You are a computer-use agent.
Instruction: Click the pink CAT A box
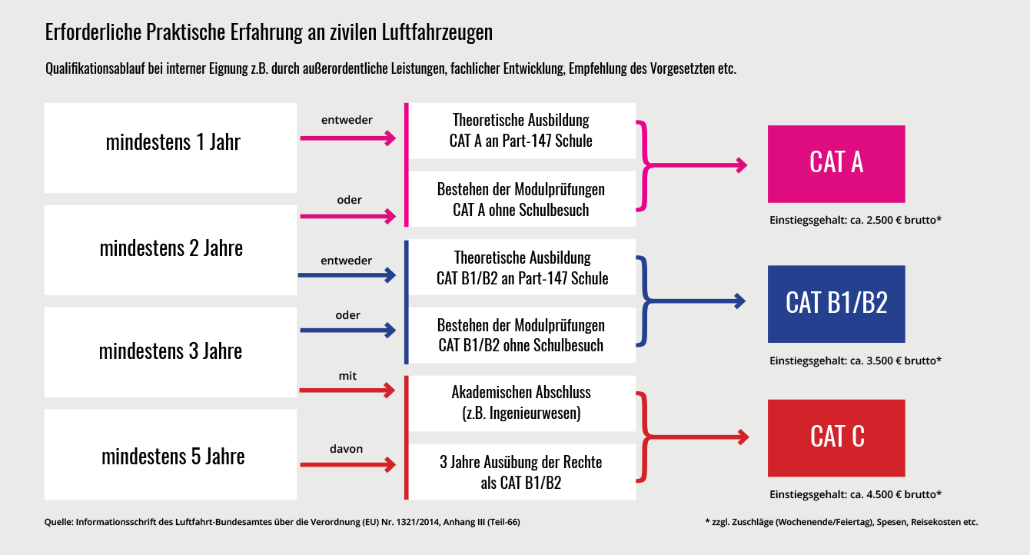[836, 164]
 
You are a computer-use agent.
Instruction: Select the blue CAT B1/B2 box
[836, 304]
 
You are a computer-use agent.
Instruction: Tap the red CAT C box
[836, 437]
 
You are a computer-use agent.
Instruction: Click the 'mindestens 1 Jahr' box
[170, 148]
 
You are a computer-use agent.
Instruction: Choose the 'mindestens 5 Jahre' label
[173, 456]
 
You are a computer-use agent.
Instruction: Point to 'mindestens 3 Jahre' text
[170, 351]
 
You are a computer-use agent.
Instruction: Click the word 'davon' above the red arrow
[346, 449]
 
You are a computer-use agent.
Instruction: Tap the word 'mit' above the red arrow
[347, 376]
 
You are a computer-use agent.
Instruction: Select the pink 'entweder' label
[347, 120]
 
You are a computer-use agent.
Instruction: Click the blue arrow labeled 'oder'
[347, 330]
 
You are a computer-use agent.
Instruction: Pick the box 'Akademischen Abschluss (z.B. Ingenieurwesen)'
[522, 404]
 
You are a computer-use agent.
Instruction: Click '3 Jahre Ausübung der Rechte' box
[522, 471]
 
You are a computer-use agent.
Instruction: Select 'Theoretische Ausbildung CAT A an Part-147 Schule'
[522, 131]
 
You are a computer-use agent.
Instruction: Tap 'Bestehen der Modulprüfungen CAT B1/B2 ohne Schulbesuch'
[522, 335]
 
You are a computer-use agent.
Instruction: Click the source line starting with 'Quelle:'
[282, 522]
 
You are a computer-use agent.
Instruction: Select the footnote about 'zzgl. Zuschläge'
[842, 522]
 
